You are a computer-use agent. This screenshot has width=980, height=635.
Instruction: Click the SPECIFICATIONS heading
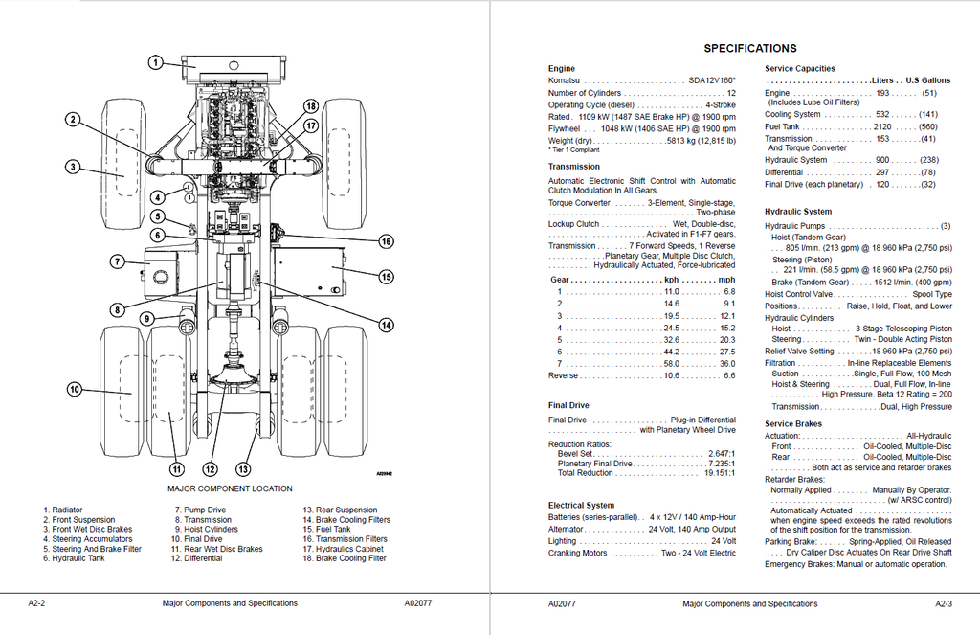pos(749,48)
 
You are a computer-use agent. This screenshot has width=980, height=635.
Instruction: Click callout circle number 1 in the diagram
pos(154,63)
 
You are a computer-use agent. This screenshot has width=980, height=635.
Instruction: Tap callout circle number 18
pos(310,105)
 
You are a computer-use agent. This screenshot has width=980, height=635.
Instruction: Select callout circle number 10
pos(74,388)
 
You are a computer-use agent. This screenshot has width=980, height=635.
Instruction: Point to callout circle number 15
pos(386,277)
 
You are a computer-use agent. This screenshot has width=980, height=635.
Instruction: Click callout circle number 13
pos(242,469)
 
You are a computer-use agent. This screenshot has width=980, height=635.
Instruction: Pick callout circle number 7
pos(117,261)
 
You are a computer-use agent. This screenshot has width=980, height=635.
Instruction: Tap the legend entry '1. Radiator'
pos(63,510)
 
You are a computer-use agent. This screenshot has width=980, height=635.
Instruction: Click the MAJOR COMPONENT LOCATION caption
pos(230,489)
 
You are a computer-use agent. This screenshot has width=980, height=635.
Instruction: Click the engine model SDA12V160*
pos(712,81)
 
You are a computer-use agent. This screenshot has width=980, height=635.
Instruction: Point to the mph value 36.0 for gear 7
pos(727,364)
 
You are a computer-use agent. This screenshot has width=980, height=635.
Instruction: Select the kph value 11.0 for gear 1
pos(671,291)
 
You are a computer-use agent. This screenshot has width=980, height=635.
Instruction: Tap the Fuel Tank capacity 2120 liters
pos(881,127)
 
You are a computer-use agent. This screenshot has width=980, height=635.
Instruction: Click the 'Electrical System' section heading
pos(581,505)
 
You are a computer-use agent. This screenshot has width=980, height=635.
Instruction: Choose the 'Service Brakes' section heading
pos(793,423)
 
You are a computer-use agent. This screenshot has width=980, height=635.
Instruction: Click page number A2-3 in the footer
pos(944,604)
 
